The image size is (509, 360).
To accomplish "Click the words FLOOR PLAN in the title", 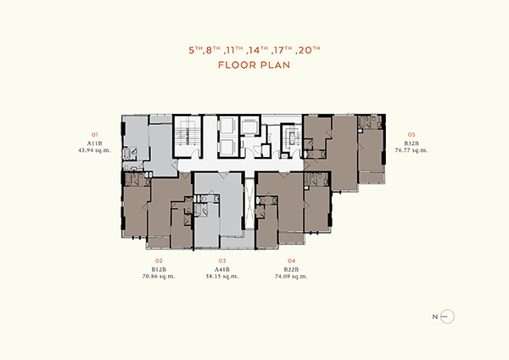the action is pyautogui.click(x=254, y=65).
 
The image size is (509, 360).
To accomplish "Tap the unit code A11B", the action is pyautogui.click(x=94, y=143).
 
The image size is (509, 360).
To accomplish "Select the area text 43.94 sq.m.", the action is pyautogui.click(x=94, y=150).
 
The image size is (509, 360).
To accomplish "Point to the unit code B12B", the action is pyautogui.click(x=159, y=269).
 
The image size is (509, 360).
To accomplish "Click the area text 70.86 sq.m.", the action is pyautogui.click(x=159, y=276).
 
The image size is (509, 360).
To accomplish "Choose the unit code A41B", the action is pyautogui.click(x=222, y=269).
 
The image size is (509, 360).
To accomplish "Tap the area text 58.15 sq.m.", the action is pyautogui.click(x=222, y=276).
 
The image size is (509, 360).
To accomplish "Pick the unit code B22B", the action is pyautogui.click(x=291, y=269).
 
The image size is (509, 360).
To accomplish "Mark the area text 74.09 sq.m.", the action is pyautogui.click(x=291, y=276).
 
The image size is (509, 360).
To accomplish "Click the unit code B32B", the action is pyautogui.click(x=411, y=143).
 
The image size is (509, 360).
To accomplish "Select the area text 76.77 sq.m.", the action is pyautogui.click(x=411, y=150).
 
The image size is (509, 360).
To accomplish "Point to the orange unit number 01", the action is pyautogui.click(x=94, y=134).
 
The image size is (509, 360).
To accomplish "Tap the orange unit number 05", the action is pyautogui.click(x=411, y=134).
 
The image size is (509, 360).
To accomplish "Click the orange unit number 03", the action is pyautogui.click(x=222, y=261).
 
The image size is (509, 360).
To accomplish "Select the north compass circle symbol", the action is pyautogui.click(x=448, y=317).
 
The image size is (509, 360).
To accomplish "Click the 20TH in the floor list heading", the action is pyautogui.click(x=309, y=50).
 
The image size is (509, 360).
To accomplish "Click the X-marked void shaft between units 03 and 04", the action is pyautogui.click(x=249, y=204).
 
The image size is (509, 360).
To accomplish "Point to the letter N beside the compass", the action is pyautogui.click(x=435, y=317).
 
